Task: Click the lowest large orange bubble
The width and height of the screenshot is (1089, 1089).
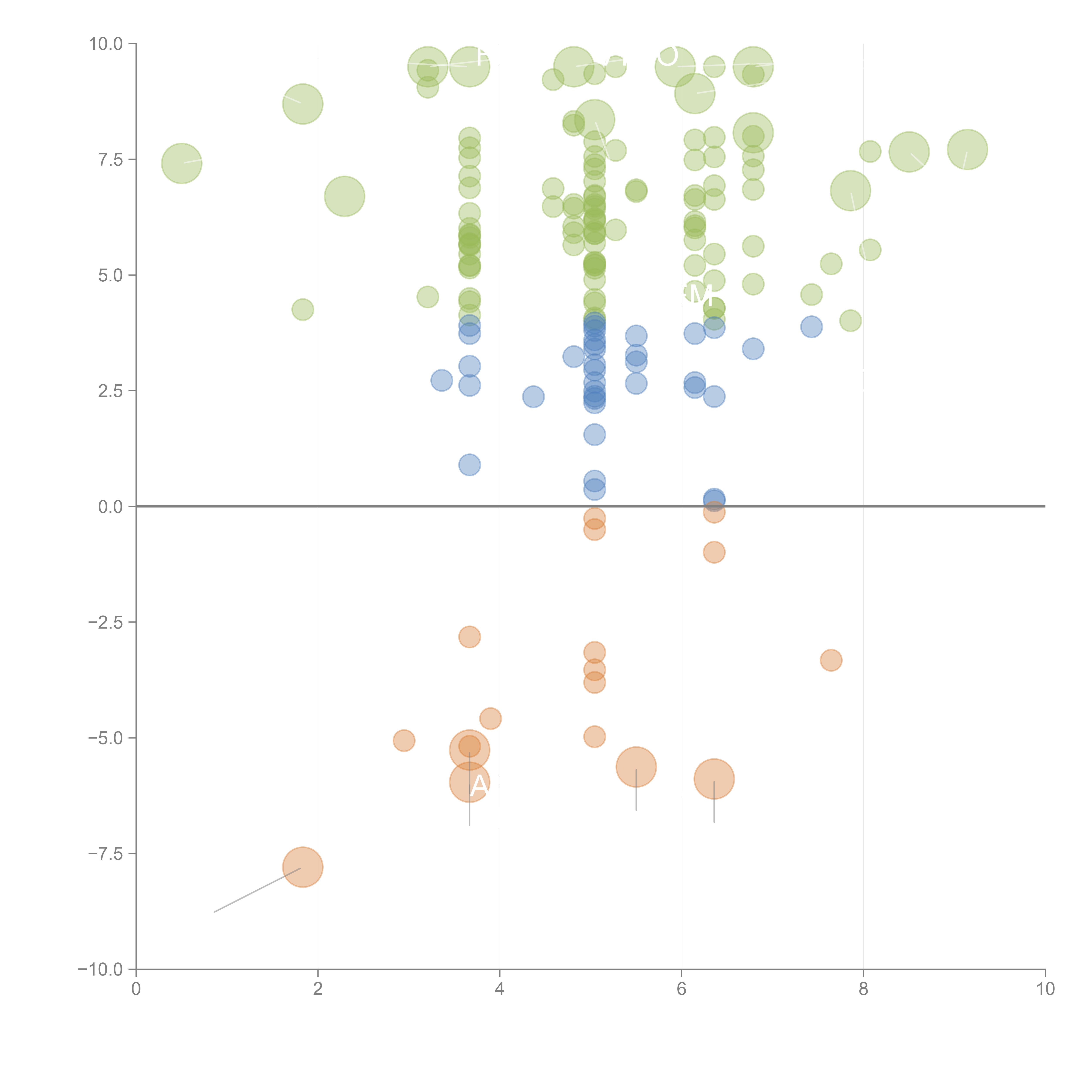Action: [x=303, y=867]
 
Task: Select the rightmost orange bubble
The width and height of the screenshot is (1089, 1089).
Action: [x=831, y=660]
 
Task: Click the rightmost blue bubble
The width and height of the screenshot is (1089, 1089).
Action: [x=811, y=326]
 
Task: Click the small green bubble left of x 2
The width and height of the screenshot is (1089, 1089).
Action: [x=303, y=309]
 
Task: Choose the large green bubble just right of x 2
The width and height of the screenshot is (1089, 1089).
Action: [x=344, y=196]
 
